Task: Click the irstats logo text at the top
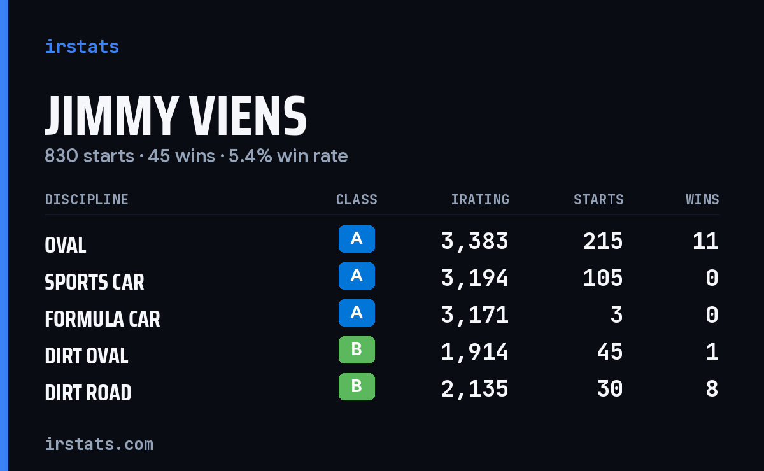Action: pos(82,46)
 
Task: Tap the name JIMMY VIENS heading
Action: pos(176,116)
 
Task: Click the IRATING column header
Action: pos(480,199)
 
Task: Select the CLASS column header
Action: pos(357,199)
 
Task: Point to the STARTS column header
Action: pos(598,199)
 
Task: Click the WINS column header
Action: pos(703,199)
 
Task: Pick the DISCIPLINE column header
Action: pos(87,199)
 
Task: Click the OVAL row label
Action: pos(66,245)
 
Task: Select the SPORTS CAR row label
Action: pos(94,282)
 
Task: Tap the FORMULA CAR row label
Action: pos(103,319)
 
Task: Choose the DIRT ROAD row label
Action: pos(88,393)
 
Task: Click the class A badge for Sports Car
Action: pos(357,276)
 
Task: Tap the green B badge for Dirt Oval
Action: pos(357,349)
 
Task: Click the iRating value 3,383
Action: pos(475,241)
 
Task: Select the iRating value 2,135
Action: pos(475,389)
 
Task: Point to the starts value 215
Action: pos(603,241)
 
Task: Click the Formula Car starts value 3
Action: pos(617,315)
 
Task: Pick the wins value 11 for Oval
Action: pos(705,241)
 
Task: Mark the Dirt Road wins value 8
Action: pos(712,389)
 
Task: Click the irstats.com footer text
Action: pos(99,444)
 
